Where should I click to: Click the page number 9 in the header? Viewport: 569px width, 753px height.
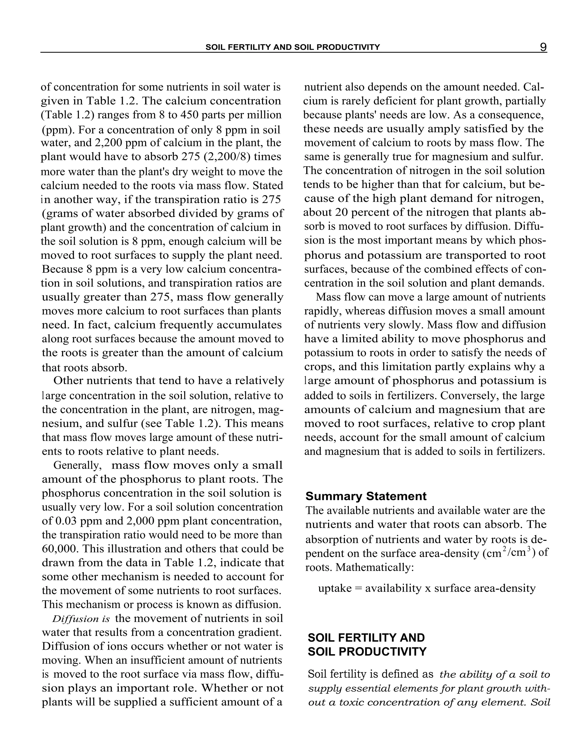[x=543, y=47]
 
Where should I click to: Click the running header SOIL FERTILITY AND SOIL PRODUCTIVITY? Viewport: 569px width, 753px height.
[x=292, y=47]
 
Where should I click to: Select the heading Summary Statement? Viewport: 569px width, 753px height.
[x=366, y=496]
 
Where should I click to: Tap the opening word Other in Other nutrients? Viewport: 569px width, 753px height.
[x=68, y=381]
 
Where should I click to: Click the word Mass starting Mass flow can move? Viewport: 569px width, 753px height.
[x=326, y=297]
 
